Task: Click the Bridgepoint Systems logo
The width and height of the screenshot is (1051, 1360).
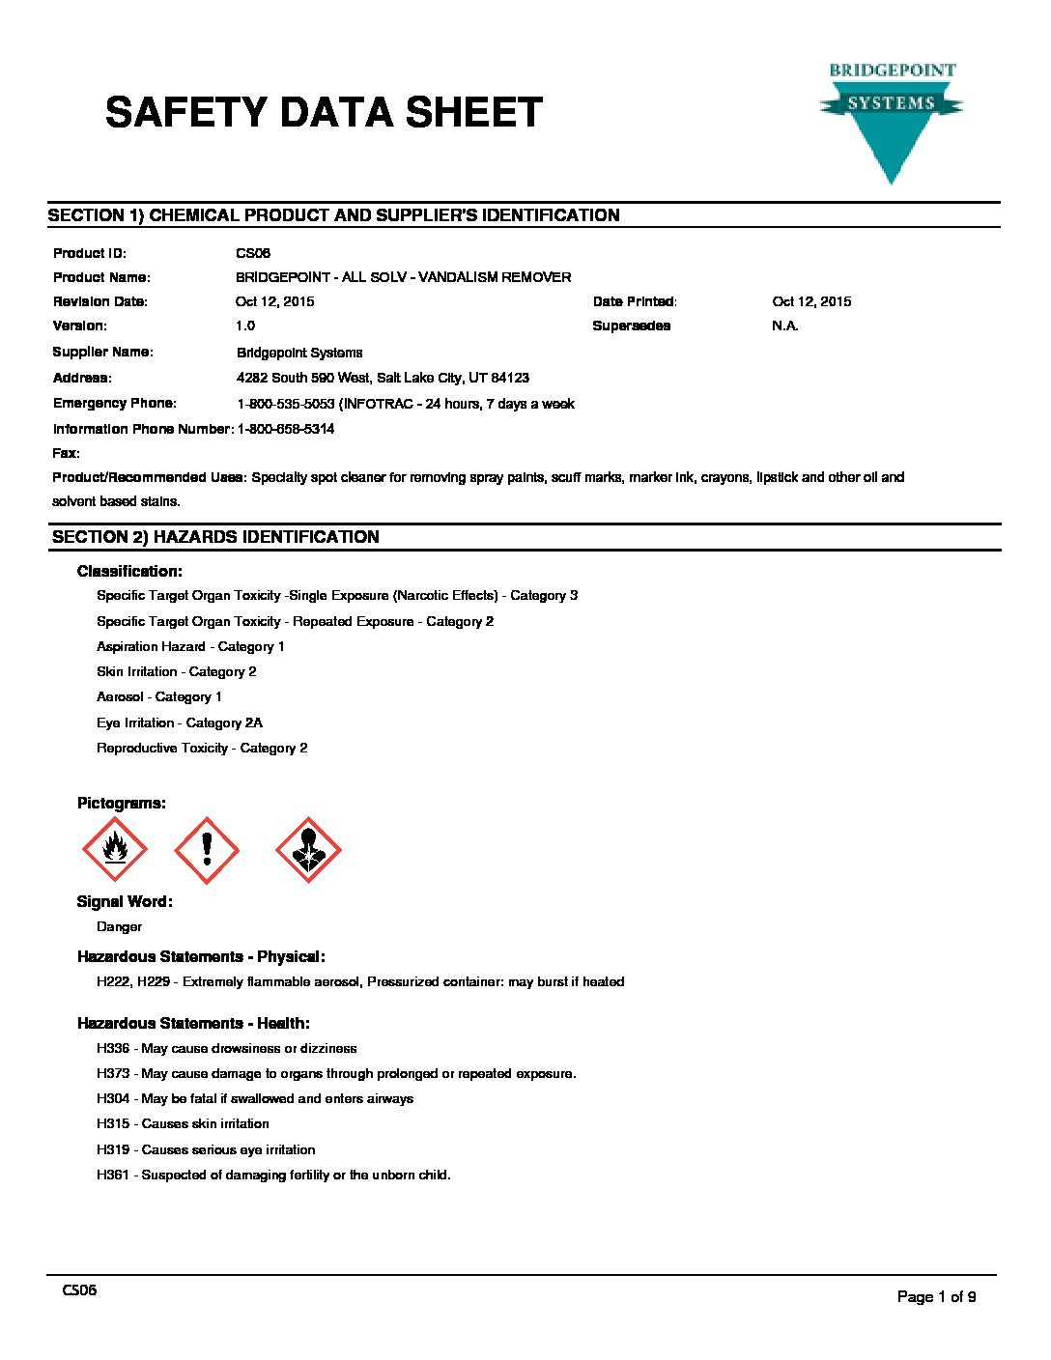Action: click(x=891, y=121)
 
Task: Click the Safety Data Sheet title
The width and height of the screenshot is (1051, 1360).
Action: click(x=324, y=113)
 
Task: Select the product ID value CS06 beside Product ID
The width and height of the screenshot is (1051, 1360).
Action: click(x=253, y=253)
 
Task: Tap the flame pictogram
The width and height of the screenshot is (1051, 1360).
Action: click(x=115, y=850)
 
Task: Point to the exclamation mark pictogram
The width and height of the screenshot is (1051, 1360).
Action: click(x=207, y=850)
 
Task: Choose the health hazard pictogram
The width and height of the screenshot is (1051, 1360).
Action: click(x=308, y=850)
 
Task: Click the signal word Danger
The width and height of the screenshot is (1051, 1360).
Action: click(x=119, y=926)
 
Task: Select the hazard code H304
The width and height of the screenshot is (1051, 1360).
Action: click(x=113, y=1098)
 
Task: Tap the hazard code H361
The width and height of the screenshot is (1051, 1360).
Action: click(x=113, y=1175)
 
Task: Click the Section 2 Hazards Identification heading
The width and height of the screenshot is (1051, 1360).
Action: click(x=215, y=537)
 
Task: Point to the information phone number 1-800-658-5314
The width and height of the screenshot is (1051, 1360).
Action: click(x=286, y=429)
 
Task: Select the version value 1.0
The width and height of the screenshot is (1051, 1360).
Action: click(x=245, y=326)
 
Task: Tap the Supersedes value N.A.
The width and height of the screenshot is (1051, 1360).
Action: click(x=785, y=326)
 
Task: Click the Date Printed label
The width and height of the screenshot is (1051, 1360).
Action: click(x=635, y=301)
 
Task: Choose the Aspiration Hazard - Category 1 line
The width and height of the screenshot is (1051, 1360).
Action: click(x=190, y=646)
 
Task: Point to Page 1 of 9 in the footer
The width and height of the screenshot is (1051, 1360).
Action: click(x=936, y=1296)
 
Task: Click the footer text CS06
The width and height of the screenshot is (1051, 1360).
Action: click(x=79, y=1290)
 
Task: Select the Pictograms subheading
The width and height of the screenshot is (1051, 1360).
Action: click(x=122, y=803)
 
